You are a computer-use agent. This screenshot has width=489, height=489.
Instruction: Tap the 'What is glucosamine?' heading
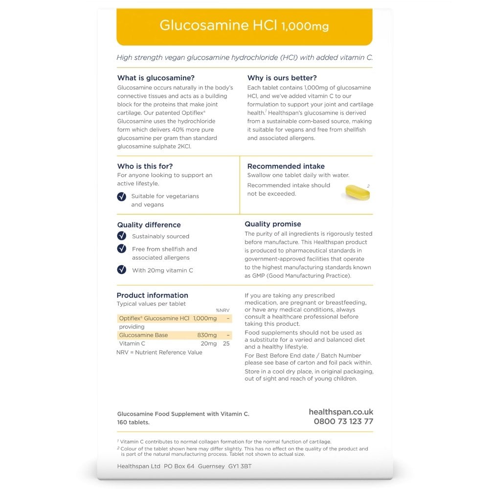(156, 78)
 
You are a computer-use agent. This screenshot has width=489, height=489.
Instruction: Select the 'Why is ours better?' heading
(282, 78)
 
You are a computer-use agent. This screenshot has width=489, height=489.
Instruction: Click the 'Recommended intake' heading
(286, 166)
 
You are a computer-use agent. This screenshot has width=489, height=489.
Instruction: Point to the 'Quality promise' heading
(273, 224)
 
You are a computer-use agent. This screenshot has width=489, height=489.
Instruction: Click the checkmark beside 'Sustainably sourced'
(122, 236)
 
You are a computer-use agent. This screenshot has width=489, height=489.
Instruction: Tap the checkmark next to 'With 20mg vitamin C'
(122, 269)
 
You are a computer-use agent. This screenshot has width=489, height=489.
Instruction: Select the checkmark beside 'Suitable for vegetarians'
(122, 197)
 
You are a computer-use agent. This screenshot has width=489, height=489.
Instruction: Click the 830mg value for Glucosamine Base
(207, 335)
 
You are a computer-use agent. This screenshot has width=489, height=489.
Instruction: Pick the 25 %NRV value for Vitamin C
(226, 344)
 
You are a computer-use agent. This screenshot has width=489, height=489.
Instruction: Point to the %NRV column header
(222, 310)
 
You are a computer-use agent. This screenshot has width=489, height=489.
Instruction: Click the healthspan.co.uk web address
(341, 412)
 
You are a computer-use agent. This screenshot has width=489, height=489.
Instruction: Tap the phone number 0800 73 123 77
(343, 422)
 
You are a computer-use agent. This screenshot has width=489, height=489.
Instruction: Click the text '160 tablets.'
(133, 422)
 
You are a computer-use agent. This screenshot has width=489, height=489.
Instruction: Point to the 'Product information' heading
(152, 295)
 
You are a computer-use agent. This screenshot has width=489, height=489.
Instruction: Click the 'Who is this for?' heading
(145, 166)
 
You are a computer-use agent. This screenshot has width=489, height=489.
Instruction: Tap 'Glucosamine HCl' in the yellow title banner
(219, 25)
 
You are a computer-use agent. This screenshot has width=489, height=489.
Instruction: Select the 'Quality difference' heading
(149, 225)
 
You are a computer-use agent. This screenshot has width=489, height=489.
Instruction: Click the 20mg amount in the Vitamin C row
(208, 344)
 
